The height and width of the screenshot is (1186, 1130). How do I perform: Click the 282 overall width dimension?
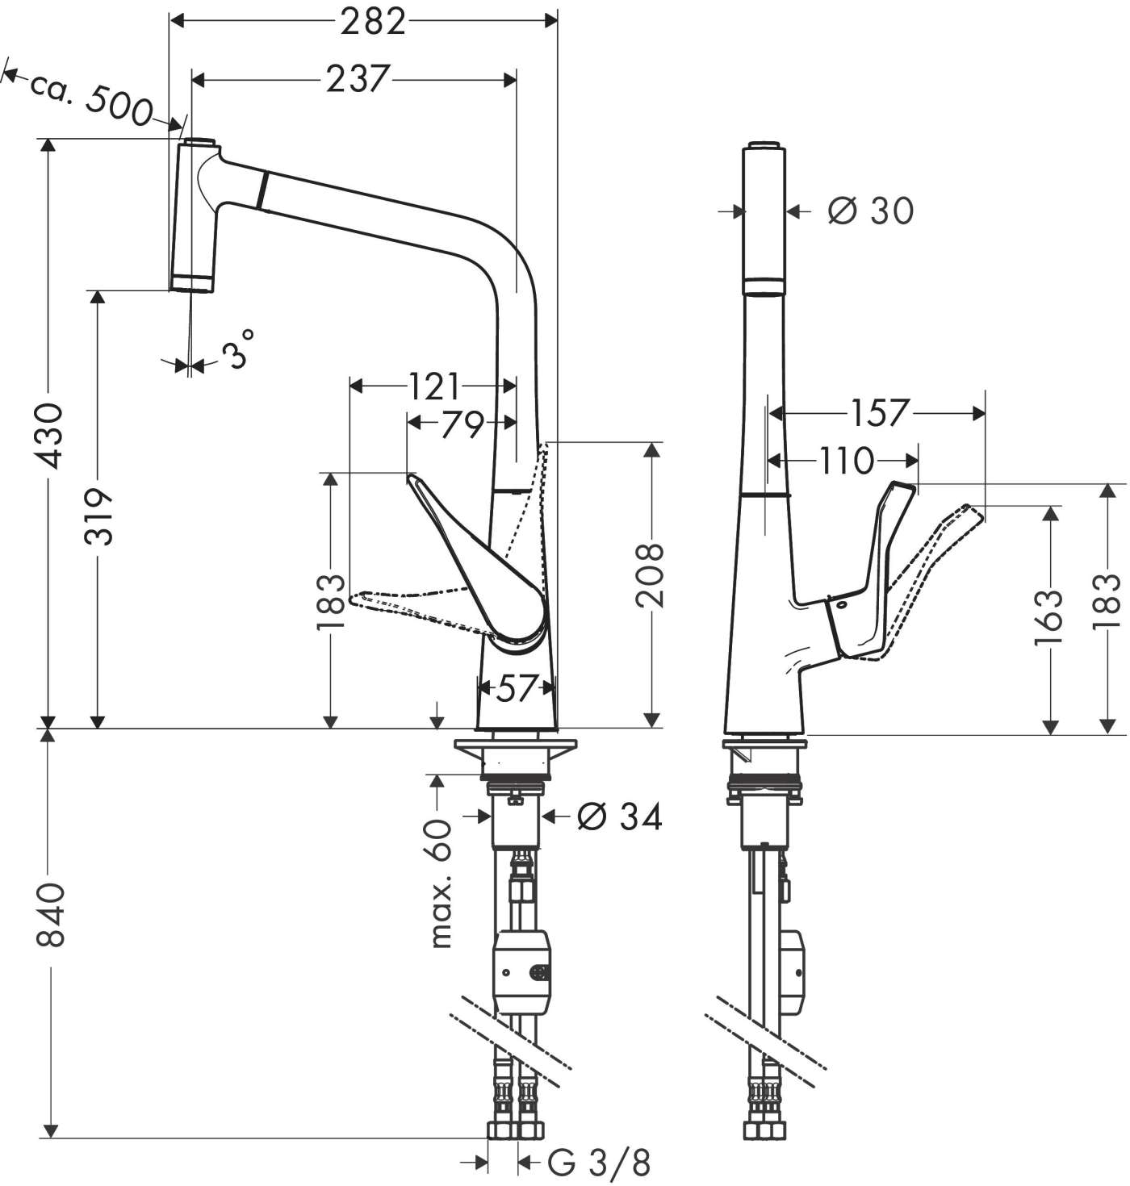point(372,22)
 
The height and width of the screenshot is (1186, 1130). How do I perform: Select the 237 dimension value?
point(358,79)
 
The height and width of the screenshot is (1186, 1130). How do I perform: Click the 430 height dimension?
point(51,436)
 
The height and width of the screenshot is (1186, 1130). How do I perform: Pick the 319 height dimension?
point(99,516)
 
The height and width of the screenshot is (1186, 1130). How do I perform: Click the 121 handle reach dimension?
point(433,386)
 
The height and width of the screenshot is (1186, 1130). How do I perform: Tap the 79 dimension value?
point(461,423)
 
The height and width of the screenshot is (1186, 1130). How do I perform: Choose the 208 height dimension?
point(650,574)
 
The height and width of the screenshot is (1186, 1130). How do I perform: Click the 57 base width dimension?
point(515,688)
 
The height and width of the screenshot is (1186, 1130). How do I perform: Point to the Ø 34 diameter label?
point(620,817)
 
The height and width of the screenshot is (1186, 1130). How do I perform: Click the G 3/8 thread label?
point(598,1163)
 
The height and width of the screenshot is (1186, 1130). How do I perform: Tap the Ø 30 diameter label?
point(871,211)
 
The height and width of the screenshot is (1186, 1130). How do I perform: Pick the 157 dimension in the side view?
point(879,413)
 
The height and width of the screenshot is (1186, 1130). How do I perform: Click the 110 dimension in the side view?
point(847,461)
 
